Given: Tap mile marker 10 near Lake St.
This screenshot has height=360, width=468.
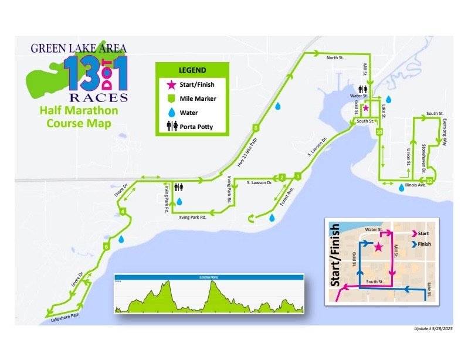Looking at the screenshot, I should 379,133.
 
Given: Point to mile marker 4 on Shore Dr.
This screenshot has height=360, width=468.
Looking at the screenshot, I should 123,211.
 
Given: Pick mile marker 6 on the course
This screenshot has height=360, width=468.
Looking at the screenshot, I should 106,246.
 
